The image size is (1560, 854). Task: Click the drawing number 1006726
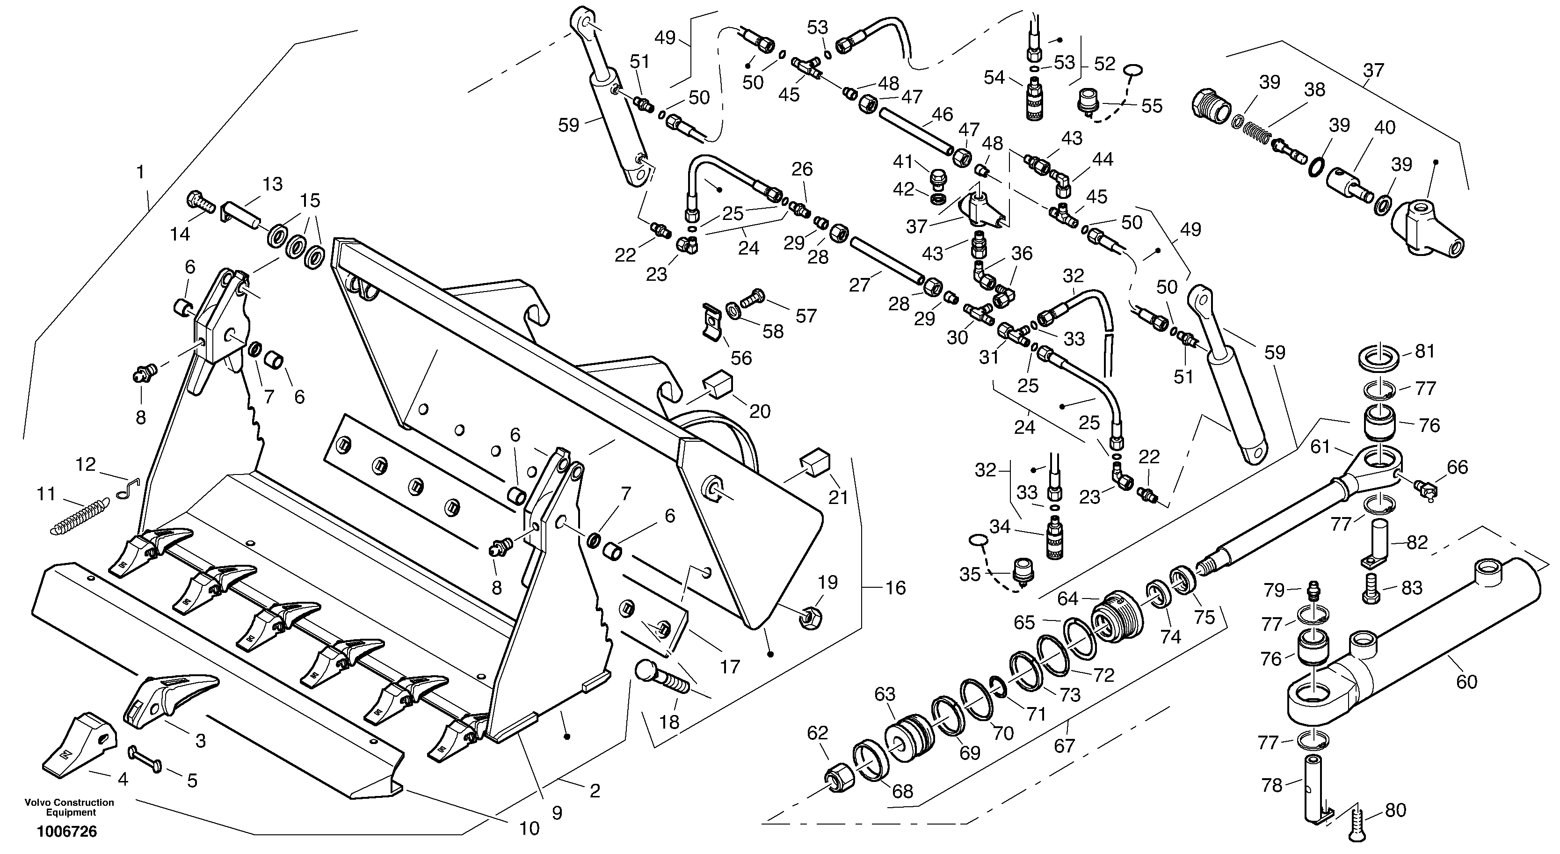click(x=66, y=832)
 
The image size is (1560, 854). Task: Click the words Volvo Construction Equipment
click(x=69, y=807)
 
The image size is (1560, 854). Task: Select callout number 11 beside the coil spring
click(x=46, y=494)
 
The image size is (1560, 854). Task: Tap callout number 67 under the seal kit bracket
click(x=1065, y=745)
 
